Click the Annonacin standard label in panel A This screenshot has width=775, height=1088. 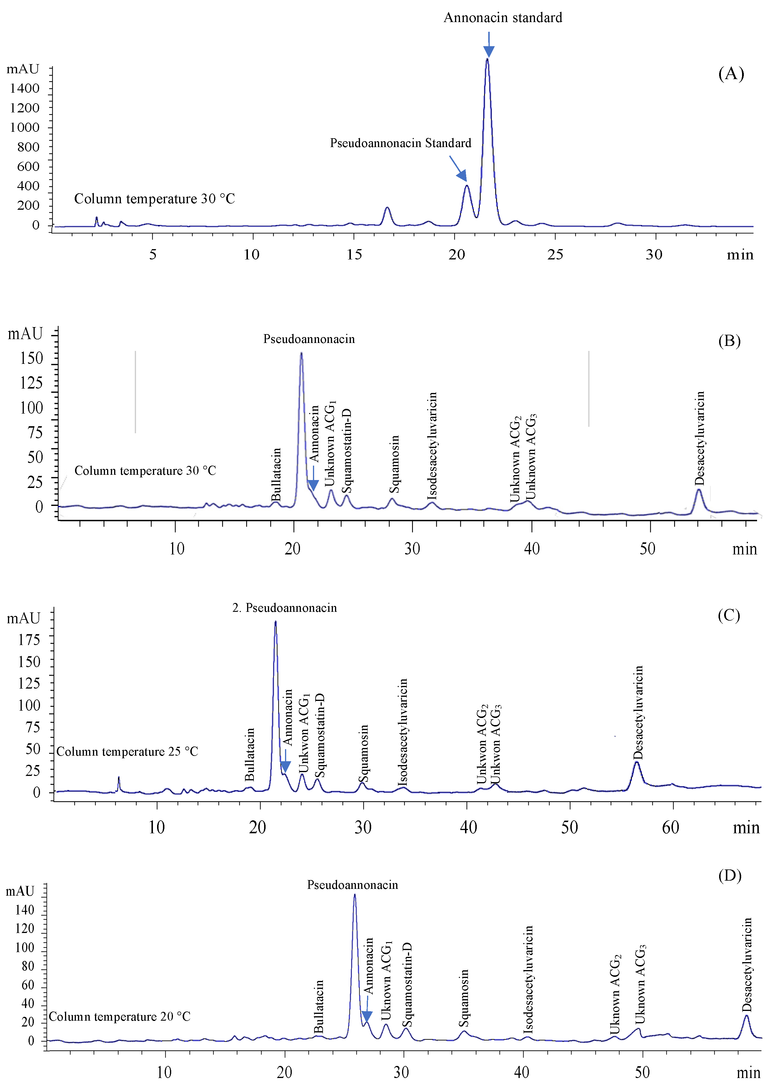[503, 18]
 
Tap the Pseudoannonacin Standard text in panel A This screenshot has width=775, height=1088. [400, 143]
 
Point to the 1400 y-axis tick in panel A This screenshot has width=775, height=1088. [25, 88]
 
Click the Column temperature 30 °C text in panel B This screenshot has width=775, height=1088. [145, 471]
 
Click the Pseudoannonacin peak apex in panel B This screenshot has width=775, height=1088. [301, 354]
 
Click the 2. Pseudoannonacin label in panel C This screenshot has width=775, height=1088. [284, 607]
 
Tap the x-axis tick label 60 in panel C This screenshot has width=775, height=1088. [670, 827]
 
